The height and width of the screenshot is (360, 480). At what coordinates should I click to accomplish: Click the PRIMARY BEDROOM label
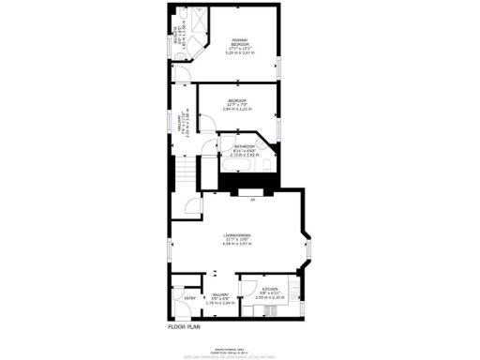coord(240,41)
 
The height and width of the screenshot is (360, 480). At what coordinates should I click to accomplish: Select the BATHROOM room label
coord(246,147)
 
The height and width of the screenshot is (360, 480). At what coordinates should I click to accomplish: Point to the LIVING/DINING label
coord(239,235)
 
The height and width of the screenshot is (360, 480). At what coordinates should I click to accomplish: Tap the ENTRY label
coord(188,299)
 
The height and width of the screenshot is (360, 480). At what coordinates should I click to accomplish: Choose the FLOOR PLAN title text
coord(186,327)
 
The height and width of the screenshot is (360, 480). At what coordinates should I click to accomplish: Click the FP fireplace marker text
coord(252,200)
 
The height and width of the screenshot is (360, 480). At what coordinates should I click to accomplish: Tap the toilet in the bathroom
coord(267,166)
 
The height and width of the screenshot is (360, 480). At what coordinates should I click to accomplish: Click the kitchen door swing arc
coord(247,285)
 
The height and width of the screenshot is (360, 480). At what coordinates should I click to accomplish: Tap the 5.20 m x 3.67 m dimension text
coord(240,53)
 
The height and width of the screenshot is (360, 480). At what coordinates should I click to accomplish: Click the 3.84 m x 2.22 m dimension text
coord(237,109)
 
